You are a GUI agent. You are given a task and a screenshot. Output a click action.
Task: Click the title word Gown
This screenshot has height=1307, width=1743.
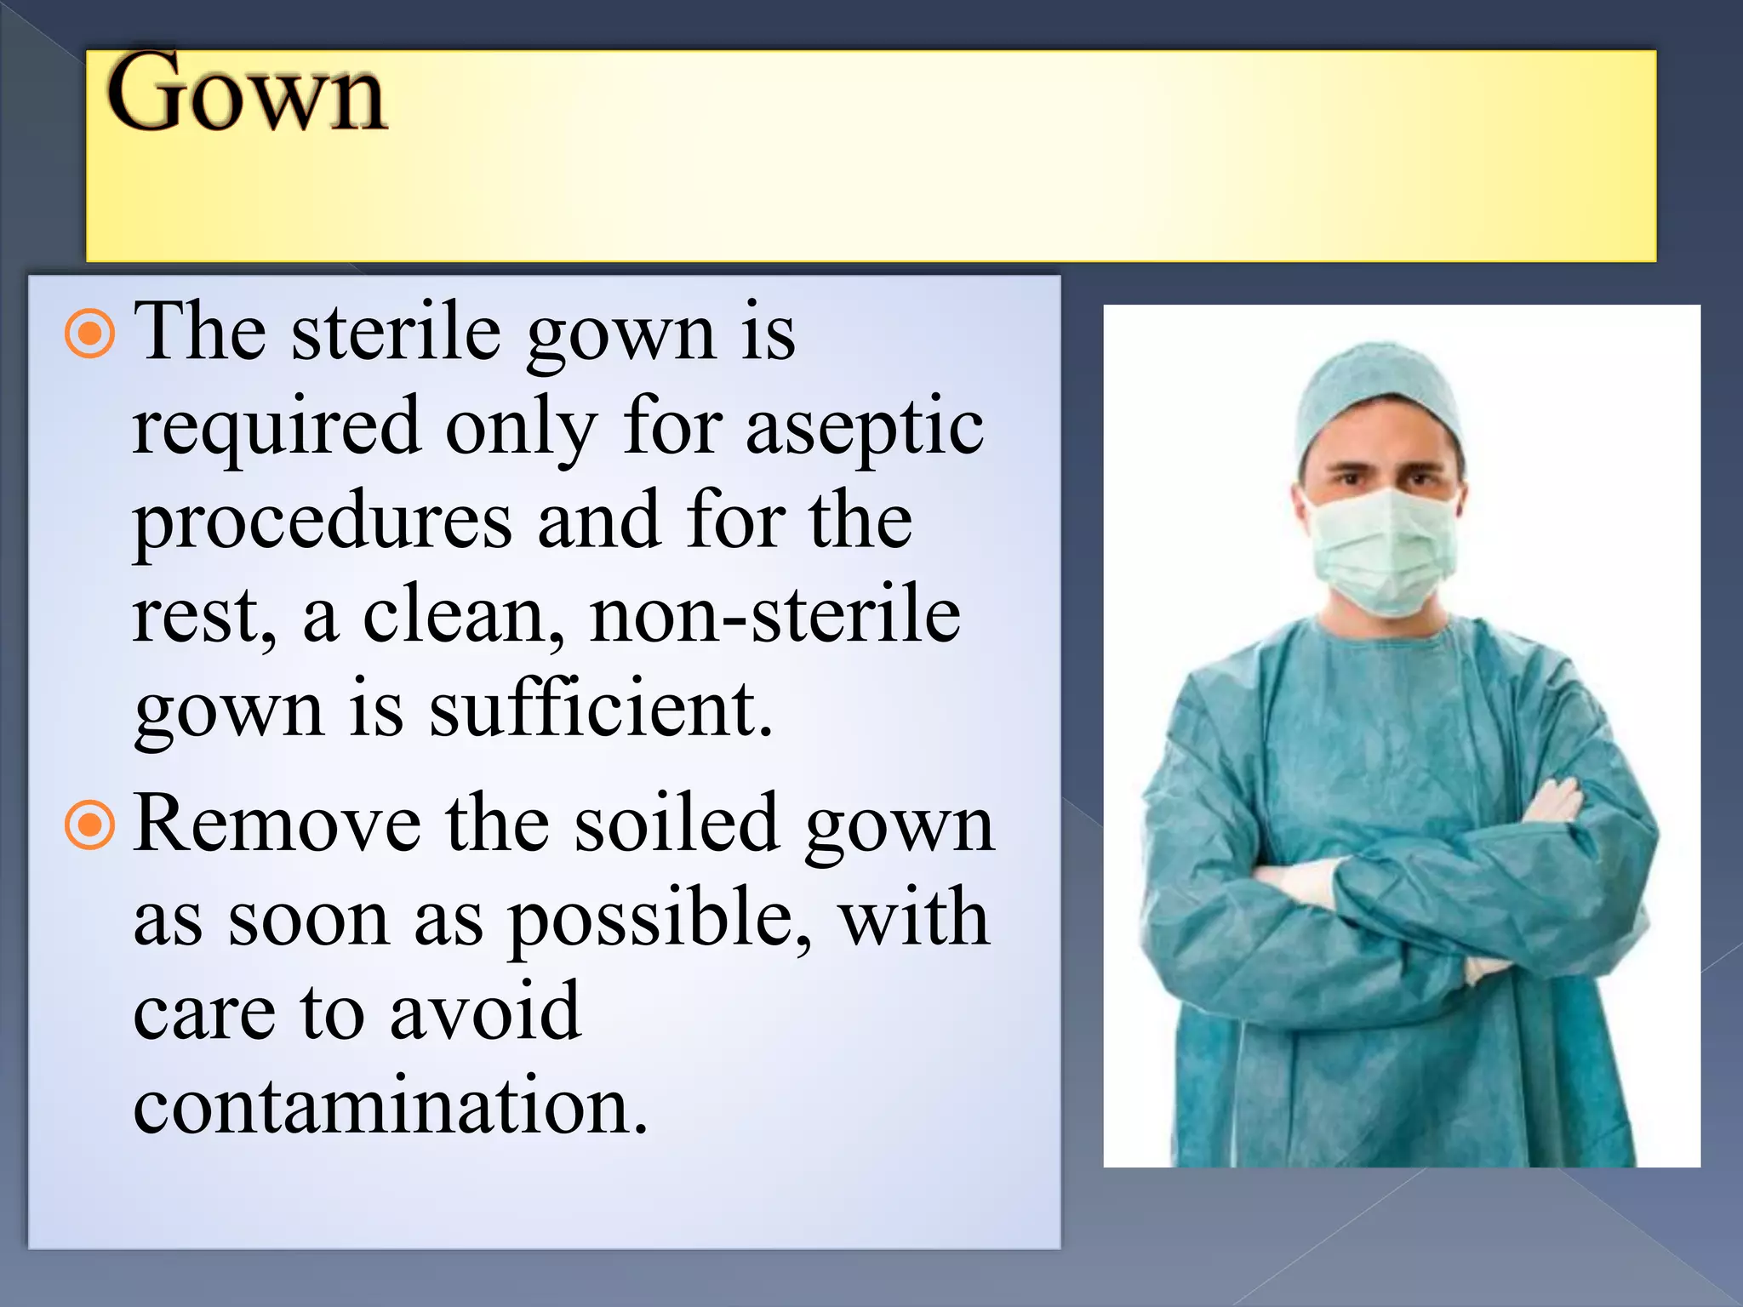click(x=247, y=94)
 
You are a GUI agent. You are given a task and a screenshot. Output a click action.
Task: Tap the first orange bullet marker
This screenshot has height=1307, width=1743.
click(x=89, y=334)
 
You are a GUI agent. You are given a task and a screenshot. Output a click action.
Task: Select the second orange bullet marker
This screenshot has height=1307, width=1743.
click(x=89, y=825)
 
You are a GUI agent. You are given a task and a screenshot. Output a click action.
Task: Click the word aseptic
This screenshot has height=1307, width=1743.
click(x=865, y=428)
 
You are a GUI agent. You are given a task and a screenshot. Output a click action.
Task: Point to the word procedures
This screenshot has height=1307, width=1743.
click(x=323, y=522)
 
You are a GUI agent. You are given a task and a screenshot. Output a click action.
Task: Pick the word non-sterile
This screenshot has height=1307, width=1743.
click(x=775, y=615)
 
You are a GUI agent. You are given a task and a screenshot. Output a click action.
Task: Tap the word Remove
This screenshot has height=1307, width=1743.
click(x=277, y=824)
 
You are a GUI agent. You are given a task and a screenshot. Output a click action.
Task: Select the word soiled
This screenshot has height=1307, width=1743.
click(x=677, y=824)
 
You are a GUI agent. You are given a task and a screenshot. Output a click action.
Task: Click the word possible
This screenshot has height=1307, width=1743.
click(x=659, y=920)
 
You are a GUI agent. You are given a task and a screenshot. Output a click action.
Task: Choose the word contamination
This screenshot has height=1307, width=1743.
click(x=391, y=1105)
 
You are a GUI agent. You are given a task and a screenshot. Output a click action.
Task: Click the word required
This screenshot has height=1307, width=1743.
click(x=277, y=428)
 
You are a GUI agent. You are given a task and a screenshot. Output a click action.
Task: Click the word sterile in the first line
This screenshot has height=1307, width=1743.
click(x=397, y=333)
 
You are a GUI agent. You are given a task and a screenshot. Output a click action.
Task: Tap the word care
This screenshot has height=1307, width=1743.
click(x=204, y=1013)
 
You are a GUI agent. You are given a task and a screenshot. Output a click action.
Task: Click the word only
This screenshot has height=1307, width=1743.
click(x=521, y=428)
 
